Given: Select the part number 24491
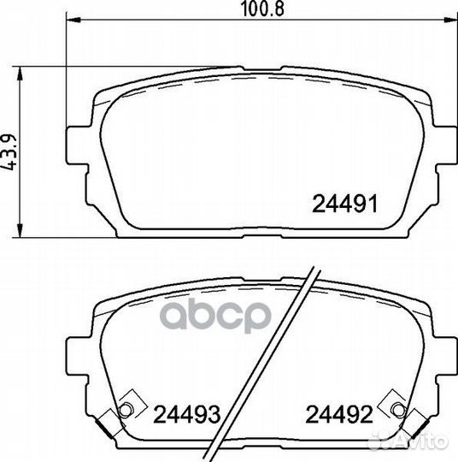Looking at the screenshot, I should [x=340, y=205].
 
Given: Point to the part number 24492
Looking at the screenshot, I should [x=340, y=416].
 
